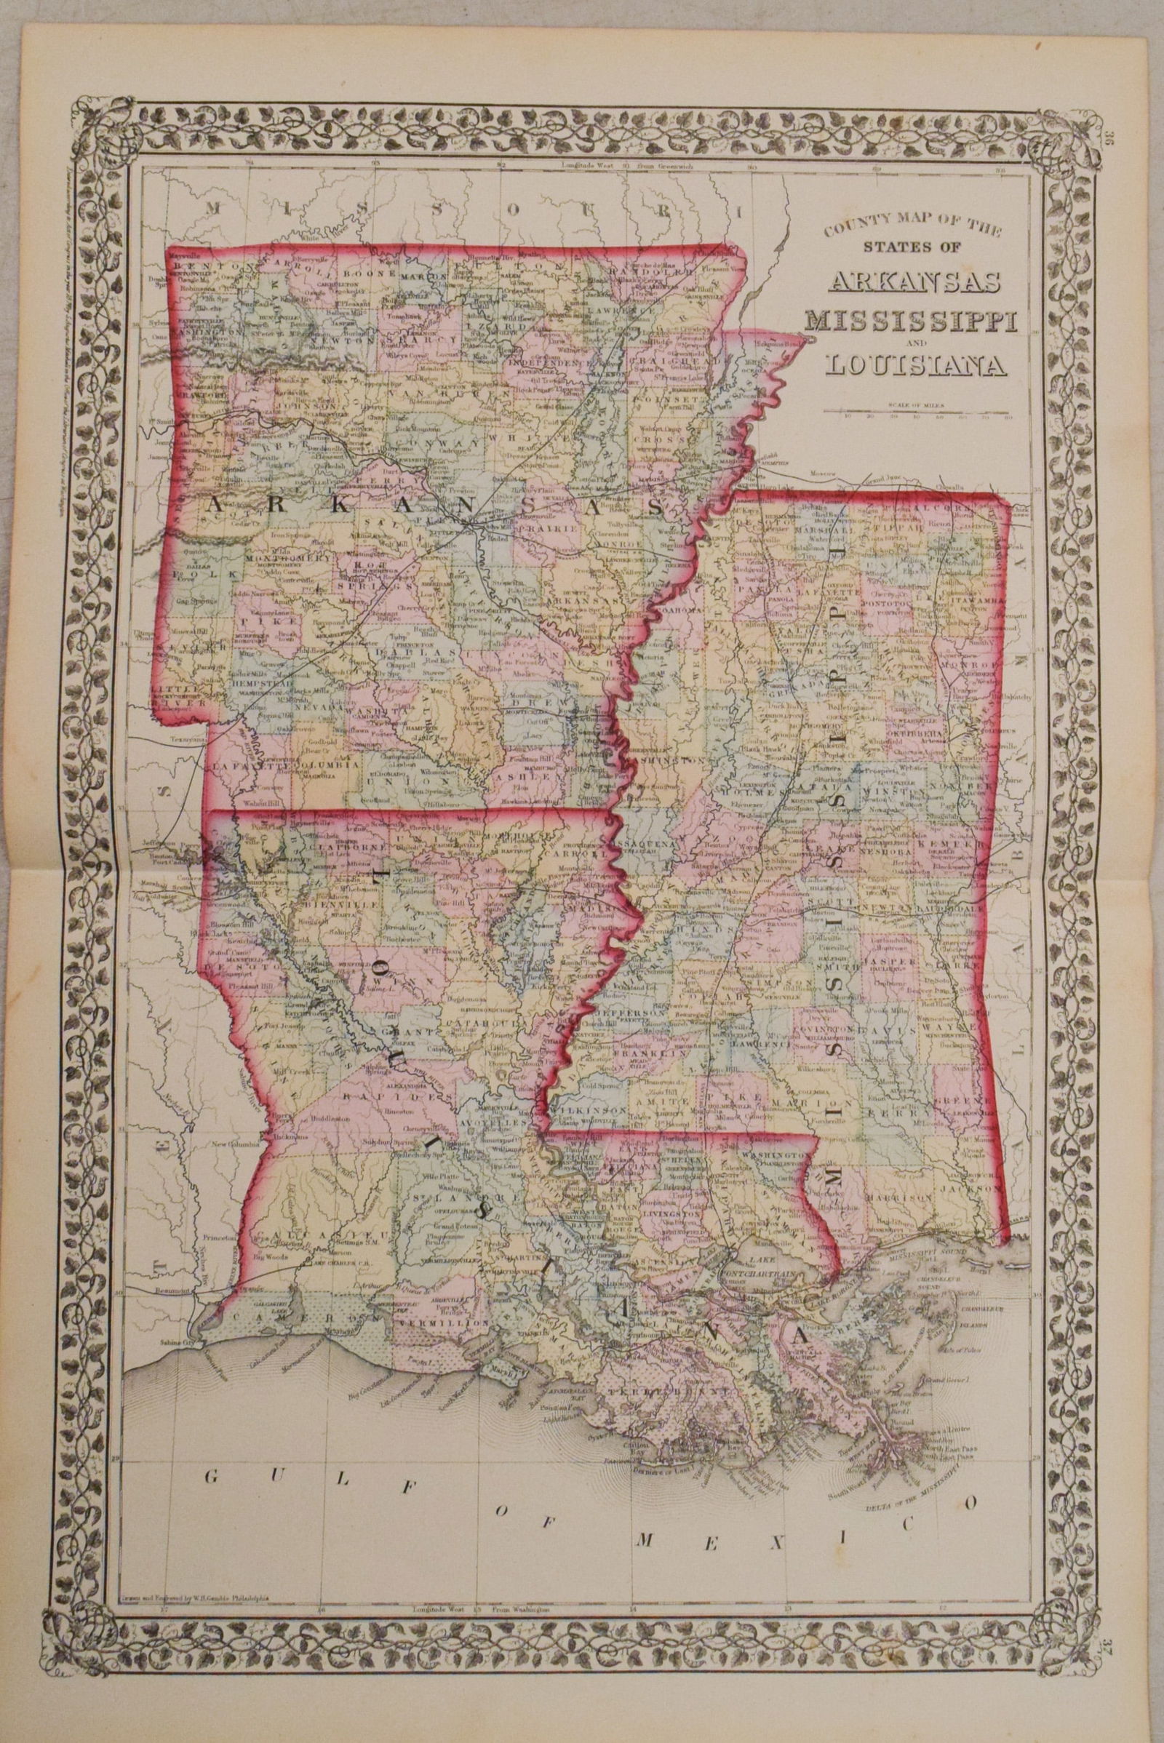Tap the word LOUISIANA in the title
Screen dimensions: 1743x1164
913,365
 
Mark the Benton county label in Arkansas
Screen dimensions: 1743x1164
194,265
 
